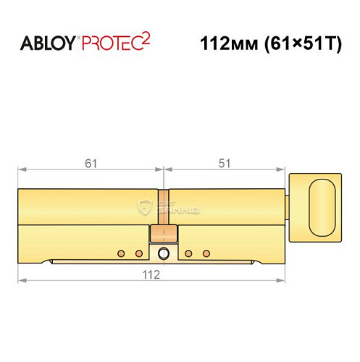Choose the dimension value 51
click(227, 163)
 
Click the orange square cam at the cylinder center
click(164, 234)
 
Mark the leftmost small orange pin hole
click(121, 253)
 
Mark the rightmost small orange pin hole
click(206, 253)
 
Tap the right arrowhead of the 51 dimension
click(285, 171)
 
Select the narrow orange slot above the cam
click(164, 208)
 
